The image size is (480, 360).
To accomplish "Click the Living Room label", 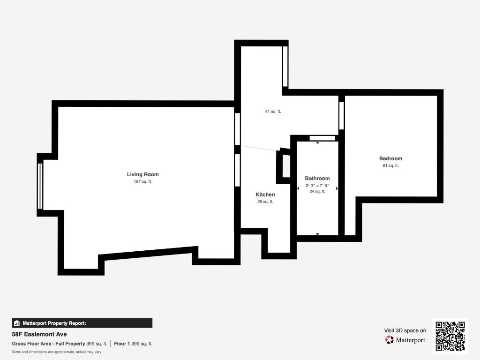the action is pyautogui.click(x=142, y=174).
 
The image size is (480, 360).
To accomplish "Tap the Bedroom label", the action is pyautogui.click(x=390, y=158).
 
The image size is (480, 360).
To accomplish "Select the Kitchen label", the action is pyautogui.click(x=265, y=195).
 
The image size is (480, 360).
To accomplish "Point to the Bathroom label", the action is pyautogui.click(x=317, y=178).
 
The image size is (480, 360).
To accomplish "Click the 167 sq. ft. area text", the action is pyautogui.click(x=142, y=181).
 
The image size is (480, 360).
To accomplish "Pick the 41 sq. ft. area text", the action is pyautogui.click(x=273, y=112).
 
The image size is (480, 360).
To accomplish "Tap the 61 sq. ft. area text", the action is pyautogui.click(x=390, y=165).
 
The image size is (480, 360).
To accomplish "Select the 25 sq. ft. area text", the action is pyautogui.click(x=265, y=202).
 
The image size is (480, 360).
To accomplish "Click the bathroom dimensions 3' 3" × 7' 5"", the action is pyautogui.click(x=317, y=186).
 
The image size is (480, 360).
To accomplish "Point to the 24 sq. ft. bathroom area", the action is pyautogui.click(x=317, y=191).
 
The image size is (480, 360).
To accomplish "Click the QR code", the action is pyautogui.click(x=450, y=336).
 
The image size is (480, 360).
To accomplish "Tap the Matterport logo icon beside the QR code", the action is pyautogui.click(x=390, y=340).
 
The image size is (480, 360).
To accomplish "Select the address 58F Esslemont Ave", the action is pyautogui.click(x=39, y=334).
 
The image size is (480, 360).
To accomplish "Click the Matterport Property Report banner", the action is pyautogui.click(x=82, y=323).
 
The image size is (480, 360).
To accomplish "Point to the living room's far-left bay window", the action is pyautogui.click(x=40, y=186).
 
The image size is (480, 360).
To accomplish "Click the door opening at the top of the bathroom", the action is pyautogui.click(x=322, y=138).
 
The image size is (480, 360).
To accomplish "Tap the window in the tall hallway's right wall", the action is pyautogui.click(x=285, y=67).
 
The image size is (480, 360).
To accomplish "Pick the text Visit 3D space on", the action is pyautogui.click(x=405, y=330).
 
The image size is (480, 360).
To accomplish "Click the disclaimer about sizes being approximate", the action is pyautogui.click(x=56, y=352).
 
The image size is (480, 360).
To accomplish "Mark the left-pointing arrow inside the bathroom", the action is pyautogui.click(x=298, y=188).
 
